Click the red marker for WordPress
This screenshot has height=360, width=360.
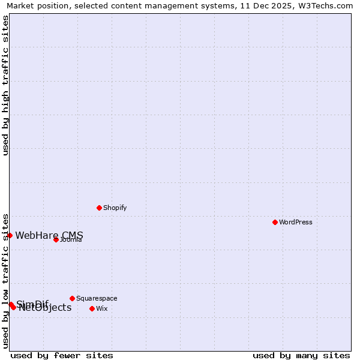(275, 222)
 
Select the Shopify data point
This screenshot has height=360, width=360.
(99, 208)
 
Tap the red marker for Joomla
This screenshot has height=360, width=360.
(56, 239)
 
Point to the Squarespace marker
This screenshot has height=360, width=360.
(72, 298)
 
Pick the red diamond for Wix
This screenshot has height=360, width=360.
(92, 308)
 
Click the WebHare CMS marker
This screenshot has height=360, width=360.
(10, 235)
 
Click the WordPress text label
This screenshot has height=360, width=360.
(296, 222)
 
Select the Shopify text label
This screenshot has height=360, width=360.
(115, 208)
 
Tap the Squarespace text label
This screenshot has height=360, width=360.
(97, 298)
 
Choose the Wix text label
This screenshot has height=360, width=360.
(102, 308)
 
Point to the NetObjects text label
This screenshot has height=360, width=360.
(45, 308)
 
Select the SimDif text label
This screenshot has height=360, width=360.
(32, 304)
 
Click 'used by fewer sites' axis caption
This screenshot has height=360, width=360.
(62, 355)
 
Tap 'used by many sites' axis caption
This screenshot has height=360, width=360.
(301, 355)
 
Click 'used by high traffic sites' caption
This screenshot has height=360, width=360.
(5, 85)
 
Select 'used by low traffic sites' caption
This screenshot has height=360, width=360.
(5, 280)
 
